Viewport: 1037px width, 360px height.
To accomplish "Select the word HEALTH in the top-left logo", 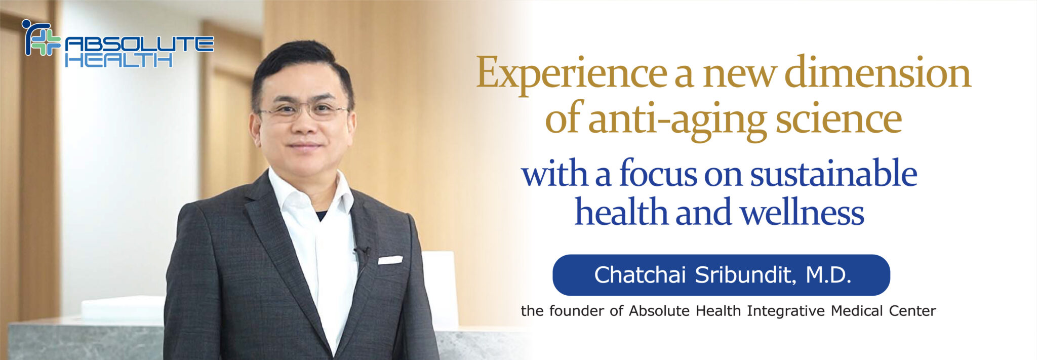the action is (118, 61).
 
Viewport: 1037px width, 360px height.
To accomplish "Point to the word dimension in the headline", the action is (878, 72).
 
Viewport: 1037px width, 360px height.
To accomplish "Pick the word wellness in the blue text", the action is (803, 211).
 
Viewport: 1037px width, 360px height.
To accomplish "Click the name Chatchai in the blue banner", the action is (640, 275).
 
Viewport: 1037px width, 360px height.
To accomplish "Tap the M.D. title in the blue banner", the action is (828, 275).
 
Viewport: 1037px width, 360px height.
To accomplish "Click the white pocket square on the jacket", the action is (390, 260).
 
